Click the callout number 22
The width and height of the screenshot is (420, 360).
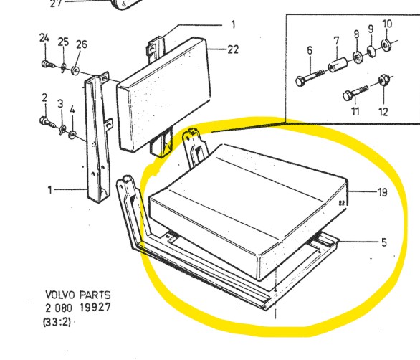click(233, 49)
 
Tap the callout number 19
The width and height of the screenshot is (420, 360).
click(383, 192)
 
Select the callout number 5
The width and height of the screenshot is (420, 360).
click(384, 242)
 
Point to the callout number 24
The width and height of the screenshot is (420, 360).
click(44, 38)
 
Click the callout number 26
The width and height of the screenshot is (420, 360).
click(82, 44)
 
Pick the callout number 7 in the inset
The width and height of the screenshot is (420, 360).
click(336, 41)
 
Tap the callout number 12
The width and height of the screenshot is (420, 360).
click(383, 112)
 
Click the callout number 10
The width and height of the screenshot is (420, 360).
click(387, 24)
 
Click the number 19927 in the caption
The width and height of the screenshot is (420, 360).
click(95, 307)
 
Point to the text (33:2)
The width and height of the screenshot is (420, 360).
click(57, 322)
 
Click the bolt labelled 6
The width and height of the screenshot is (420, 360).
click(310, 77)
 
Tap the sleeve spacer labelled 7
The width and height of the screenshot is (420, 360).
click(338, 65)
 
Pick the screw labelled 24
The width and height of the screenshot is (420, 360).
click(48, 65)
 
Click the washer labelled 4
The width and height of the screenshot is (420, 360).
click(72, 134)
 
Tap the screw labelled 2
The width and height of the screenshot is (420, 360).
click(47, 122)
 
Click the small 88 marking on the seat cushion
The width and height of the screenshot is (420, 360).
click(342, 203)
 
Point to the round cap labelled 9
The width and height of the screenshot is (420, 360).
click(371, 51)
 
